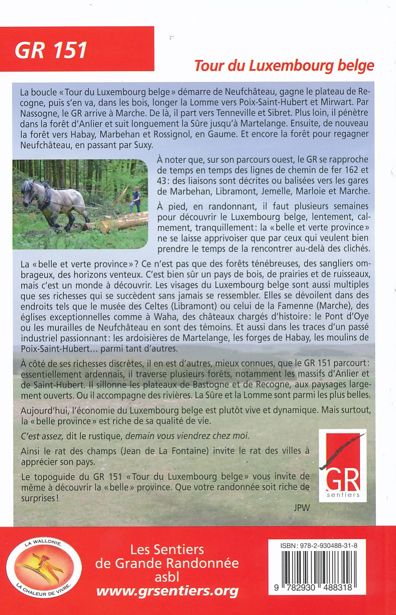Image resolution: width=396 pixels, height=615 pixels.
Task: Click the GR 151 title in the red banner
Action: click(51, 50)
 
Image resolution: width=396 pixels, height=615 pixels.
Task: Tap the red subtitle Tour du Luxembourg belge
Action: click(284, 66)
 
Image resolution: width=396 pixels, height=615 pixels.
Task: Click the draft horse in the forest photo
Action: click(53, 200)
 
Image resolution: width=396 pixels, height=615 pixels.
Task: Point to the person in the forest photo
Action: click(135, 199)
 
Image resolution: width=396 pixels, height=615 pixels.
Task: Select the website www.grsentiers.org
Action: click(167, 591)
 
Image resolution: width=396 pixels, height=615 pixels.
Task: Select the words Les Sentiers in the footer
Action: click(167, 549)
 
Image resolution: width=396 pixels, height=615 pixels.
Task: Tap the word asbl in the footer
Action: click(167, 577)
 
